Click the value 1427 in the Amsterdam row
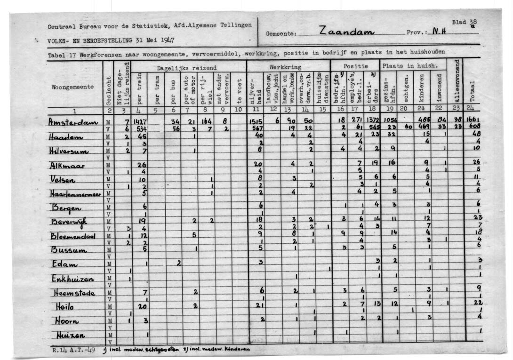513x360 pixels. (x=140, y=121)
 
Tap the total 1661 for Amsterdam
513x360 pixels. (x=472, y=120)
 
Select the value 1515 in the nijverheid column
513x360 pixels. (x=255, y=121)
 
